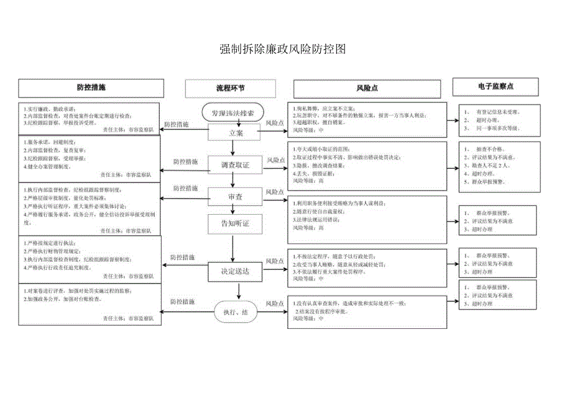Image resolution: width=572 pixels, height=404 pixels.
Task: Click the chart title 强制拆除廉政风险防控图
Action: click(x=282, y=50)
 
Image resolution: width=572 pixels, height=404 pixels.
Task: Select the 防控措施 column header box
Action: click(x=91, y=88)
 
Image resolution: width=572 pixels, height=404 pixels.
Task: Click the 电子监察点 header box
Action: click(x=496, y=86)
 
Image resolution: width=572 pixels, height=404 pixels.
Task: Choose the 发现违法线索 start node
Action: click(x=233, y=113)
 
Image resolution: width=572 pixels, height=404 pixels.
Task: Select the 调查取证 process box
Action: click(x=235, y=165)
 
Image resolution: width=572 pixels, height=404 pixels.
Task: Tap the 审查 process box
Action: click(x=235, y=197)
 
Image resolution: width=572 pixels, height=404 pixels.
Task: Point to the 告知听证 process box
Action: click(x=235, y=223)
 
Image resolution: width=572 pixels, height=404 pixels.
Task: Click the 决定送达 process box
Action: click(x=235, y=271)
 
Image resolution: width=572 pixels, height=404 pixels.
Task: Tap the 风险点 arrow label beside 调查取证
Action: click(x=276, y=160)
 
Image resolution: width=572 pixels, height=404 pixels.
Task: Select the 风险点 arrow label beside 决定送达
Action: click(x=275, y=261)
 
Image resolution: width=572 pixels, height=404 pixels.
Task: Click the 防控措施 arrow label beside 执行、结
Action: click(x=182, y=302)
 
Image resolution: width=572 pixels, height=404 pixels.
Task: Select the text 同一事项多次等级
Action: click(x=497, y=128)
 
